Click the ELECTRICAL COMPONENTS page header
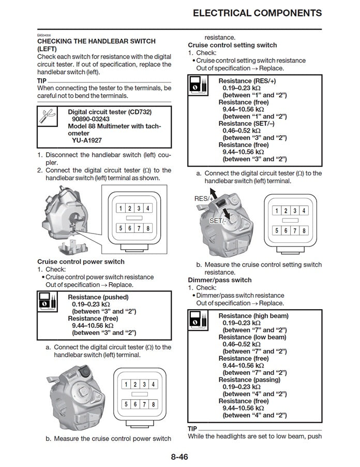[x=257, y=13]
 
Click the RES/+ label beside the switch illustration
[x=204, y=199]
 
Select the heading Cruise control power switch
[x=81, y=262]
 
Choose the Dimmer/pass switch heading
[x=220, y=280]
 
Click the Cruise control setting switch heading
[x=232, y=45]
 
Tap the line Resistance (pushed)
[x=98, y=297]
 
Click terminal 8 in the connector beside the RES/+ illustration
[x=304, y=231]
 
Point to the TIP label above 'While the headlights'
[x=192, y=429]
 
